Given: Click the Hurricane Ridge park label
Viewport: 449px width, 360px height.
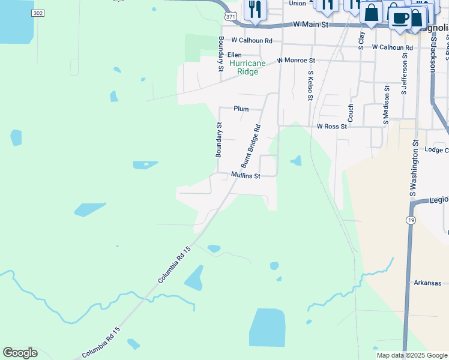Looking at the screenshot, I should point(247,67).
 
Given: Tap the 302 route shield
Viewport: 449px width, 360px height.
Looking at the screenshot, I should point(38,13).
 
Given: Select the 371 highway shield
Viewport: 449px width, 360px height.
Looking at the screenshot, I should point(231,16).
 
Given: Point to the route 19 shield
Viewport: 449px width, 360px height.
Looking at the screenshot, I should point(409,221).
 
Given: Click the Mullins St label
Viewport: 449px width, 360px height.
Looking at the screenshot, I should point(246,176).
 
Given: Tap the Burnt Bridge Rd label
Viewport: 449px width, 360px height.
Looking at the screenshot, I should point(251,146).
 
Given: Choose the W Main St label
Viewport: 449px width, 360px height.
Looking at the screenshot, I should point(312,25).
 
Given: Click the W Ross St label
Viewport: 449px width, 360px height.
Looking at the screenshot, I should point(331,127).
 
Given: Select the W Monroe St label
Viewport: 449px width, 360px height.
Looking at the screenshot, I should point(295,61).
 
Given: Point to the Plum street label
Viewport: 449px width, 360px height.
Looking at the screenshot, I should point(241,109).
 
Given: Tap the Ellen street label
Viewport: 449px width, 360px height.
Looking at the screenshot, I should point(234,55).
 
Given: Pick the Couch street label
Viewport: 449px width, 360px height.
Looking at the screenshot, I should point(351,112).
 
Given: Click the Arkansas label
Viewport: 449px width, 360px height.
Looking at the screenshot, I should point(427,283).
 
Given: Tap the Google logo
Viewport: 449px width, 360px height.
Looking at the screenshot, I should point(20,353).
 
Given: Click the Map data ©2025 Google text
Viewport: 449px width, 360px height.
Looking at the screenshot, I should point(411,355).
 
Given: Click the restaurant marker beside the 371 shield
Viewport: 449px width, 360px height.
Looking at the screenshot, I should point(255,10).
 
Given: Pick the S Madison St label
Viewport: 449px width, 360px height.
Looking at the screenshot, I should point(386,105).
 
